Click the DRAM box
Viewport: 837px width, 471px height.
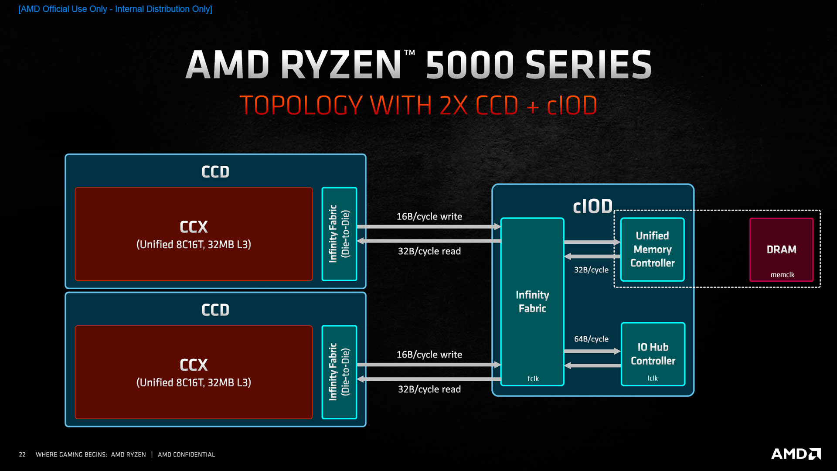click(781, 249)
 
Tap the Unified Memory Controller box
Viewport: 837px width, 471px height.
click(652, 249)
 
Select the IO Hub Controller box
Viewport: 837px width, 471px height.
click(653, 354)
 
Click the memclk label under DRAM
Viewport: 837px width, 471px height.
click(782, 275)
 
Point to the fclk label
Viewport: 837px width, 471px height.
click(533, 379)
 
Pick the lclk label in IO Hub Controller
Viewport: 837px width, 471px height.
click(652, 378)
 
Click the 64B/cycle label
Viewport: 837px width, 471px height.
click(591, 339)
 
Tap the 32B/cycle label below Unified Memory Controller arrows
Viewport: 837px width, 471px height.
click(591, 270)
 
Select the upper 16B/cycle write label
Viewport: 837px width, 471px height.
click(429, 216)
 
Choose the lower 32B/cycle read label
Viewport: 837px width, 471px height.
click(429, 389)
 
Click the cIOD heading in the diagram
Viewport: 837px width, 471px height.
click(592, 206)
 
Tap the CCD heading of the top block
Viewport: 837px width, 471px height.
click(215, 172)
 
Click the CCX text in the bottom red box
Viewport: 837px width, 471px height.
click(194, 365)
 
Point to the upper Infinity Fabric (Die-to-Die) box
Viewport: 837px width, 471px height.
click(339, 234)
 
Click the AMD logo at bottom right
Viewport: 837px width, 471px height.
click(796, 454)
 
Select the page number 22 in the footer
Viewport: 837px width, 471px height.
click(22, 454)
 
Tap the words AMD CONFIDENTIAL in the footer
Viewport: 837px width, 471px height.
click(186, 454)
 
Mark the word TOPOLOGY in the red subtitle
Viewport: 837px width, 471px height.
click(301, 106)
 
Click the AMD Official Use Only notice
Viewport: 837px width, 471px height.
click(115, 9)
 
